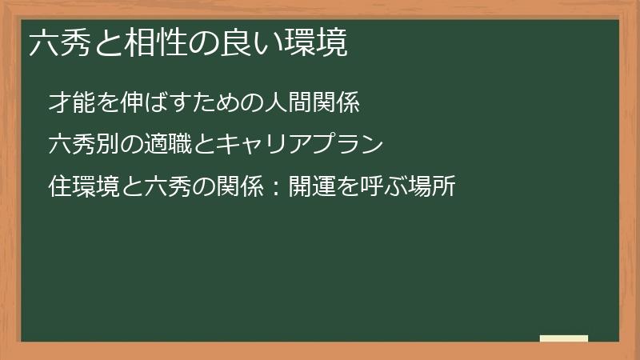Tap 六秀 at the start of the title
tap(54, 44)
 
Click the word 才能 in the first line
tap(68, 103)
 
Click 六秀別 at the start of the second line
tap(78, 145)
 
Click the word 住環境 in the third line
tap(78, 186)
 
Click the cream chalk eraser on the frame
tap(563, 338)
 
